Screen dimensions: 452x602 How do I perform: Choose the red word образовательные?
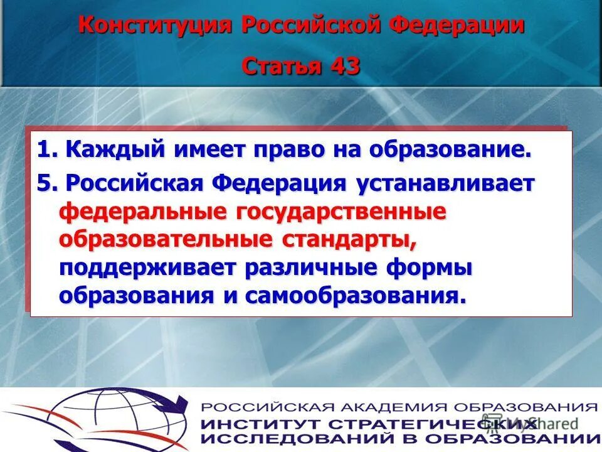(166, 239)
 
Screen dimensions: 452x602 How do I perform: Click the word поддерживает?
(147, 267)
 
